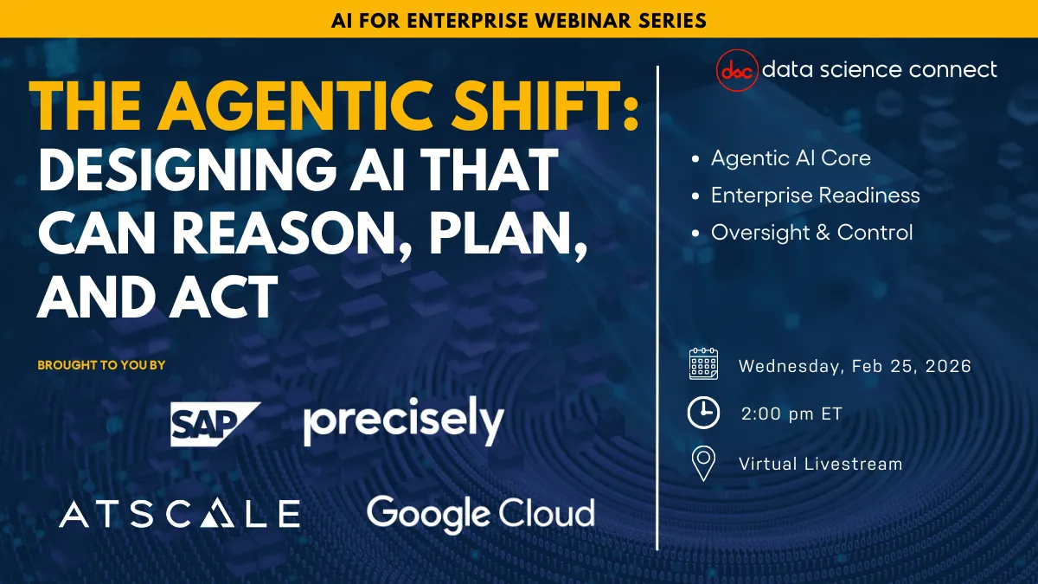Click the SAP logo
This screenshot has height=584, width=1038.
[214, 424]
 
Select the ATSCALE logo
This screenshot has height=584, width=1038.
[180, 513]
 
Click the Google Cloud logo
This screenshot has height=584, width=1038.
[480, 512]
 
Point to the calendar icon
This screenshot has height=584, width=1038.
[703, 365]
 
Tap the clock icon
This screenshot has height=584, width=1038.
[703, 414]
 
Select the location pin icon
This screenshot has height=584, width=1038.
[704, 463]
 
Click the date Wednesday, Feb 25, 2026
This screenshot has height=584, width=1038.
[855, 366]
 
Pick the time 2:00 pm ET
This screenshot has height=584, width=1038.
[791, 414]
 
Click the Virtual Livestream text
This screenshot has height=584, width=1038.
[820, 464]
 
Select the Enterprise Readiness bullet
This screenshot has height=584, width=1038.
[815, 196]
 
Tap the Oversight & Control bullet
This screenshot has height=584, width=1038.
[811, 233]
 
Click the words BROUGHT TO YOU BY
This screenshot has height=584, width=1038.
[101, 365]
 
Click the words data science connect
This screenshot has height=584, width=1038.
[879, 69]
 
